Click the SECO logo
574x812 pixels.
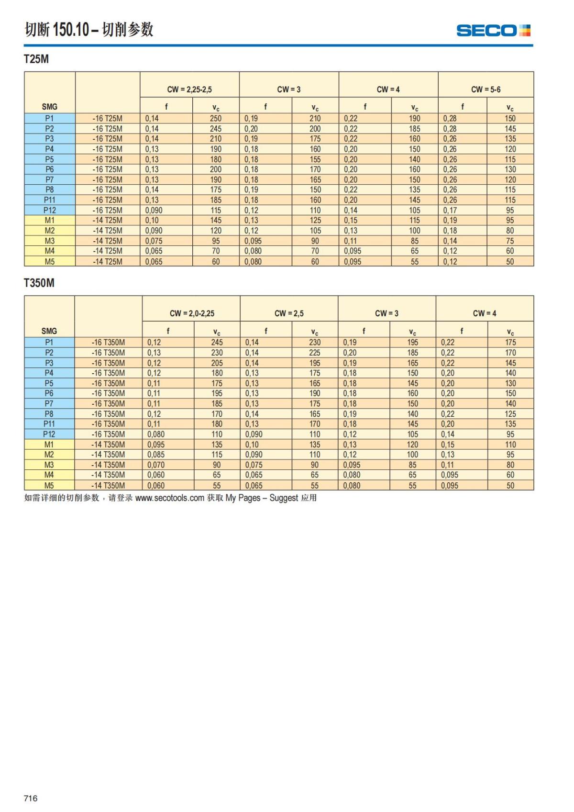coord(493,31)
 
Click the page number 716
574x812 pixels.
coord(31,798)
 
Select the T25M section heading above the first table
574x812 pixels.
coord(36,59)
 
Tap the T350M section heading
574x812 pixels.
coord(39,283)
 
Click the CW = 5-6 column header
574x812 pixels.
coord(486,89)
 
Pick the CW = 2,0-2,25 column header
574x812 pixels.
coord(192,313)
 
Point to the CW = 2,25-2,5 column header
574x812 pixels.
coord(189,89)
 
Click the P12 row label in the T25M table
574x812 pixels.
coord(50,210)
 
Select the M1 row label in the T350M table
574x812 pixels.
coord(49,445)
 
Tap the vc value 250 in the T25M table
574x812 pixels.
coord(216,118)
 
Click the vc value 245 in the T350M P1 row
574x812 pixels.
coord(217,342)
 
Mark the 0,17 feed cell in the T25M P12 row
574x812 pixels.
coord(450,210)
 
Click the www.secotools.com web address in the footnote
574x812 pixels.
coord(170,498)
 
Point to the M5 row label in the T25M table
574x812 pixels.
coord(50,262)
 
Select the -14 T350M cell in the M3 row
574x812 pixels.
coord(108,465)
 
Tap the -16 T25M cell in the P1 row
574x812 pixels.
coord(107,118)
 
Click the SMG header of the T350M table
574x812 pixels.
coord(49,331)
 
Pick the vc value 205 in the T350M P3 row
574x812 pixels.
coord(217,363)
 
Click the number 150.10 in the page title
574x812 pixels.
coord(71,30)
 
